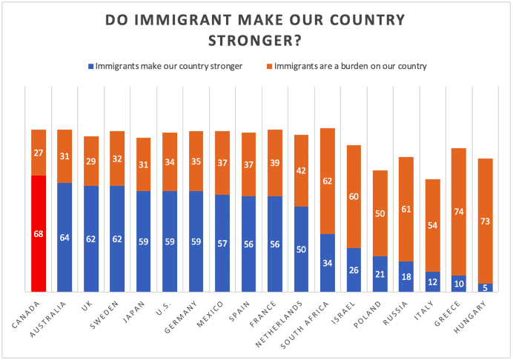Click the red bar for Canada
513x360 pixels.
point(39,233)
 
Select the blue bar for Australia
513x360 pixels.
point(64,237)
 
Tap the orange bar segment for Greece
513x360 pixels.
point(460,212)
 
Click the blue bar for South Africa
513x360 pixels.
point(328,262)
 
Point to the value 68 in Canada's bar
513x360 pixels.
point(39,234)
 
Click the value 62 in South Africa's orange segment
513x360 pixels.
point(328,180)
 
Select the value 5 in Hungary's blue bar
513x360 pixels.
point(486,287)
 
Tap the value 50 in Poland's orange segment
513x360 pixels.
point(380,213)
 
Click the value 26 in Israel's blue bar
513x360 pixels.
point(354,270)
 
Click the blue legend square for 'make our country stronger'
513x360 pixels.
point(91,67)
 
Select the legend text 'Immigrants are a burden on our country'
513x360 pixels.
point(350,67)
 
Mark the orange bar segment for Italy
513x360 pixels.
point(433,225)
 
